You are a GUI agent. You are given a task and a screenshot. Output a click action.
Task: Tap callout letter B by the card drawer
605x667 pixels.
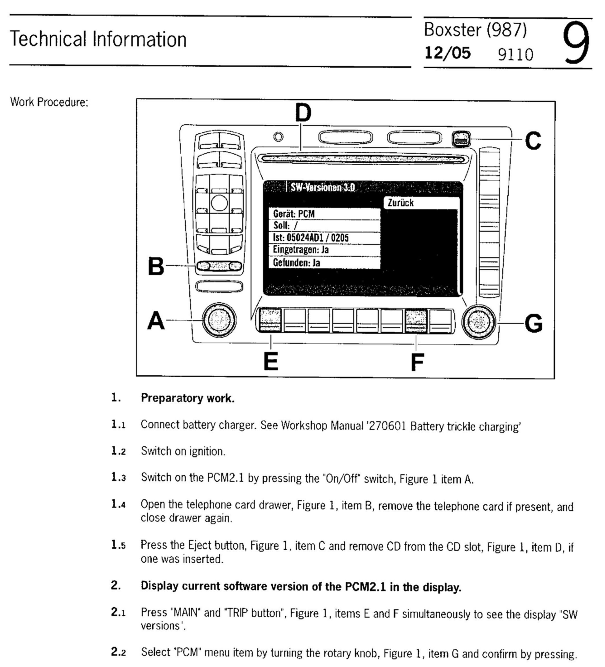pos(156,266)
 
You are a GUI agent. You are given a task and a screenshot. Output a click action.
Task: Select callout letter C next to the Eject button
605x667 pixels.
pos(533,141)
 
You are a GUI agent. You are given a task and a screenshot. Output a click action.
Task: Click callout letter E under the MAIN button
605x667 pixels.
pos(271,362)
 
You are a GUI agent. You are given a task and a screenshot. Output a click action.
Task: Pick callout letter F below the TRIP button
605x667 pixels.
pos(417,362)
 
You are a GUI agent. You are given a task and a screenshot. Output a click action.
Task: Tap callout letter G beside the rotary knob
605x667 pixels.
pos(534,323)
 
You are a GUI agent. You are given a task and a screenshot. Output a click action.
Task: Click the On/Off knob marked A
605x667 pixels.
pos(219,320)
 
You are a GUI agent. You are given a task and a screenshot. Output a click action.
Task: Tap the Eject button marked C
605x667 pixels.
pos(461,139)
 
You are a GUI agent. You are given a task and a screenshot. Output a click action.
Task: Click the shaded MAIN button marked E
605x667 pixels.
pos(270,320)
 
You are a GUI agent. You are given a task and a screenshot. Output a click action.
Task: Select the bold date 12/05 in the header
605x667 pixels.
pos(447,53)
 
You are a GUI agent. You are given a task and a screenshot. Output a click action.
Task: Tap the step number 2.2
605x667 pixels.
pos(118,652)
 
